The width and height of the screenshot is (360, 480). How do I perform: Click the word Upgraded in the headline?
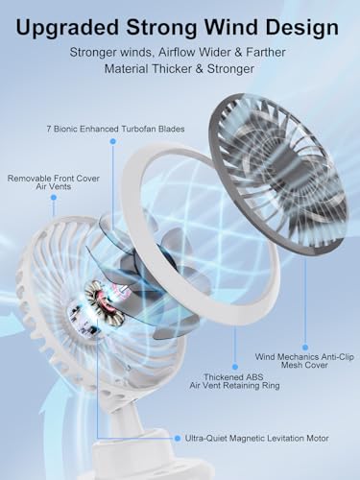point(67,29)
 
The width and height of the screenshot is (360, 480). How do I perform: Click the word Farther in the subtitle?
point(266,52)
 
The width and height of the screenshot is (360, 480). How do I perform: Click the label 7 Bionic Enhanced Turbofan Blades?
point(115,129)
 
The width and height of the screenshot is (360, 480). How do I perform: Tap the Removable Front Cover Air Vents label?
point(54,182)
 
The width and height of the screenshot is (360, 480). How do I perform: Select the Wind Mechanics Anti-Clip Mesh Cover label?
point(304,361)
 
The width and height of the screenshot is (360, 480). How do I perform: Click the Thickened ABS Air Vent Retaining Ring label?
point(234,381)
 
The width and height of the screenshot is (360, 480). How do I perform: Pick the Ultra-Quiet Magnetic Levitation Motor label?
point(256,438)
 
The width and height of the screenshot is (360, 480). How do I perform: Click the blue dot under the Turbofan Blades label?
point(112,141)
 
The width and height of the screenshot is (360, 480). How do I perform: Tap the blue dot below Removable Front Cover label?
point(54,198)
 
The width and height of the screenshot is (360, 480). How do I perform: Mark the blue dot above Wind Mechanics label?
point(305,348)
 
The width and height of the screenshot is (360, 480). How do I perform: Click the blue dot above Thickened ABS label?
point(235,367)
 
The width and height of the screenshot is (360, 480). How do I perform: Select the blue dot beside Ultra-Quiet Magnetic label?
point(178,438)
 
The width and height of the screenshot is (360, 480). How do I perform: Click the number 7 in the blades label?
point(49,129)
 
